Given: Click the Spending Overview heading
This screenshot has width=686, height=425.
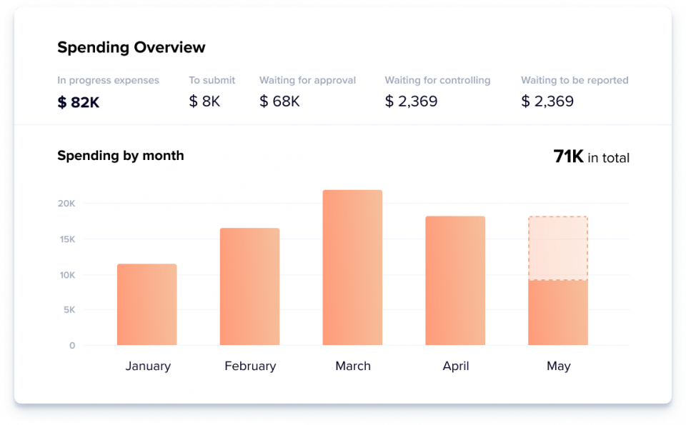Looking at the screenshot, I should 131,48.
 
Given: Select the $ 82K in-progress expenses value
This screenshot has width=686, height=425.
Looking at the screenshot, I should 78,102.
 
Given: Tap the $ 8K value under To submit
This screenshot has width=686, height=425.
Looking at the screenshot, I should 204,101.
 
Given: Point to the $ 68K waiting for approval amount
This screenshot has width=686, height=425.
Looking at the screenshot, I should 279,101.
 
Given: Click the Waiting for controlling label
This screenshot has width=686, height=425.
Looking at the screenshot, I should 437,80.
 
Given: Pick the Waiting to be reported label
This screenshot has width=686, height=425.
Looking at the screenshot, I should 575,80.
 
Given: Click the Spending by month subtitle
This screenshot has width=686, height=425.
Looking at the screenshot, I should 120,156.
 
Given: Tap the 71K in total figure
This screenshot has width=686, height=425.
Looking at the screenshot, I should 591,157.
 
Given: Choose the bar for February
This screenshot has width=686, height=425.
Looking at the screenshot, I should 249,286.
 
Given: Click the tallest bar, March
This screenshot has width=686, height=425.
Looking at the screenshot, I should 352,267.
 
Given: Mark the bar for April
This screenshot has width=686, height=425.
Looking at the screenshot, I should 455,281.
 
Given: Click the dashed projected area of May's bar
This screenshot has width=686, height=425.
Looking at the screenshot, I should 558,249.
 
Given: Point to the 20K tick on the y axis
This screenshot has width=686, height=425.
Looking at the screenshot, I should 66,204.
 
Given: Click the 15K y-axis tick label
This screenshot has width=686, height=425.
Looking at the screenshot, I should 66,239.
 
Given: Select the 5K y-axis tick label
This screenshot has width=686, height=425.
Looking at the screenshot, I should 68,310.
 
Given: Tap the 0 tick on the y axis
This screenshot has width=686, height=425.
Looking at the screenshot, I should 72,346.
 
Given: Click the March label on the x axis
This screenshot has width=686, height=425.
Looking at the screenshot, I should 353,366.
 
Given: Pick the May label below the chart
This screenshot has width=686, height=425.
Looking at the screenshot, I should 558,366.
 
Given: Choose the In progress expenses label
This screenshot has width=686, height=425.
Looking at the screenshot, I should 108,80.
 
